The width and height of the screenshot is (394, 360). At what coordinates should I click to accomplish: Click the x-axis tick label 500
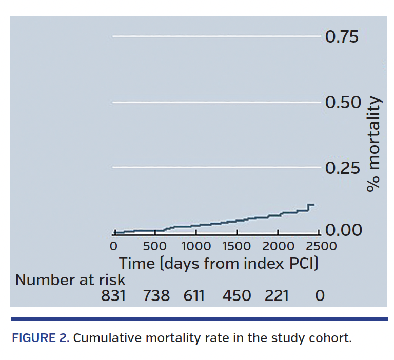pyautogui.click(x=154, y=246)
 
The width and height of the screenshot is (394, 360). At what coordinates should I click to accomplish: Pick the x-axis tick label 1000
pyautogui.click(x=196, y=246)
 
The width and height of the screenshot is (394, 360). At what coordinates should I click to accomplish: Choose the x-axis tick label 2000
pyautogui.click(x=279, y=246)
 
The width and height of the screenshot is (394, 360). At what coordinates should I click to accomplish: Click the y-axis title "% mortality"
pyautogui.click(x=375, y=144)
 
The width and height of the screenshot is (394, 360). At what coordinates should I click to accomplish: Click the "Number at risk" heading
pyautogui.click(x=70, y=280)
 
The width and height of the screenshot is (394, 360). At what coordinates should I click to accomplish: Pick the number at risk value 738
pyautogui.click(x=156, y=296)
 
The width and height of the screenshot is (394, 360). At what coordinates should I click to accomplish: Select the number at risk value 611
pyautogui.click(x=194, y=296)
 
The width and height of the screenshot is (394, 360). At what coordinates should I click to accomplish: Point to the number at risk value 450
pyautogui.click(x=237, y=296)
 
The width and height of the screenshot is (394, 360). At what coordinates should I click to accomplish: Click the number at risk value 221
pyautogui.click(x=277, y=296)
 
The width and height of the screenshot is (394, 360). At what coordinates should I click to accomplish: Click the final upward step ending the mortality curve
pyautogui.click(x=308, y=207)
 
